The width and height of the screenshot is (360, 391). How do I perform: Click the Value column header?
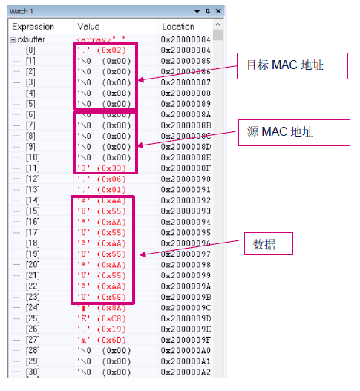(x=88, y=26)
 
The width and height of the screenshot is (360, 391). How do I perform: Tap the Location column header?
(x=177, y=26)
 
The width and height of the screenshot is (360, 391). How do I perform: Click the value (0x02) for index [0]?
(x=104, y=49)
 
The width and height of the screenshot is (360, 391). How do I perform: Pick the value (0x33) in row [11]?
(x=104, y=168)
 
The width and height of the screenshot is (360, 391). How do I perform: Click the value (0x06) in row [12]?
(x=104, y=179)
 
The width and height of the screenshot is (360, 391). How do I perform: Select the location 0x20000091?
(x=186, y=189)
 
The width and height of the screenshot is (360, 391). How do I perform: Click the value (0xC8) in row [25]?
(x=104, y=318)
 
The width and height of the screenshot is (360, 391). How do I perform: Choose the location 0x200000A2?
(x=186, y=372)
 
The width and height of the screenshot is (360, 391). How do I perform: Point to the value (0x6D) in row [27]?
(x=104, y=339)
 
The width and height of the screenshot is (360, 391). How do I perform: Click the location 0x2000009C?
(x=186, y=307)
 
